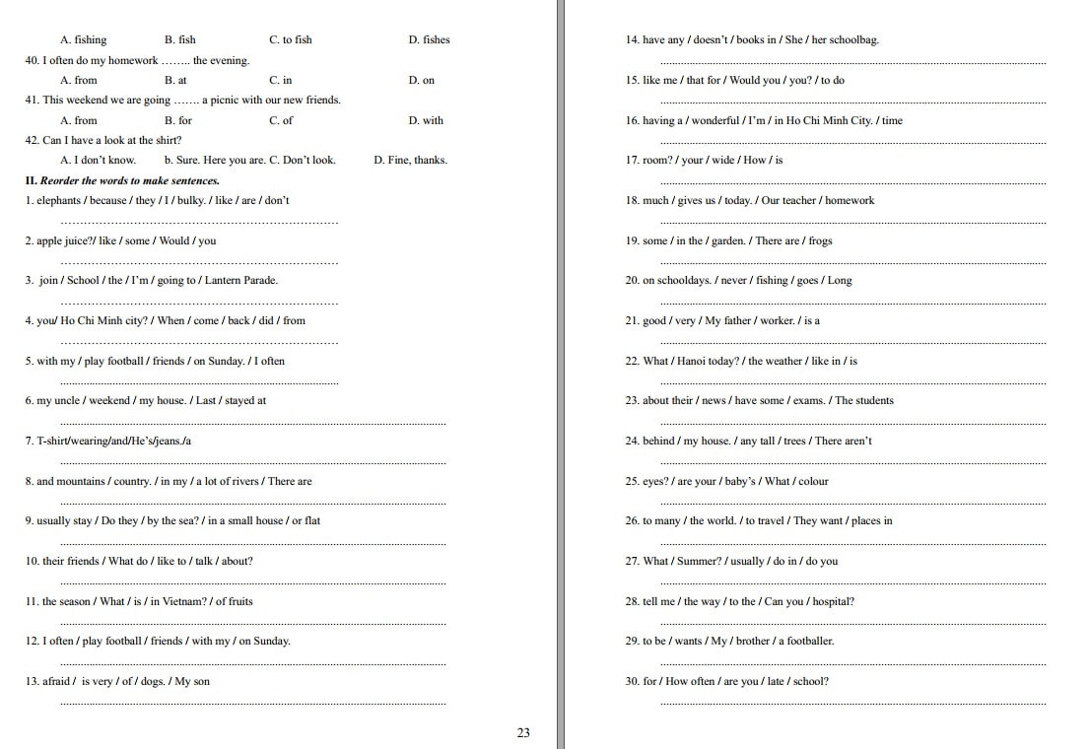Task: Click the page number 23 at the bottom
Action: click(523, 732)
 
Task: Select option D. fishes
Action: click(429, 40)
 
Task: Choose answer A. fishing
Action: click(84, 40)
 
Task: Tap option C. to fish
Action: click(290, 40)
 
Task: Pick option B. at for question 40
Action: click(175, 81)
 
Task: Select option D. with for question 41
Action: click(426, 121)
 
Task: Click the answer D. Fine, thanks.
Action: click(410, 161)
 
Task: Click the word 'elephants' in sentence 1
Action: click(59, 201)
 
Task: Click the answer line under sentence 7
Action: click(252, 462)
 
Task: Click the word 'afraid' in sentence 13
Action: click(56, 682)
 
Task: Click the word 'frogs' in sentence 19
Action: click(820, 241)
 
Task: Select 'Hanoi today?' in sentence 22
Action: click(708, 362)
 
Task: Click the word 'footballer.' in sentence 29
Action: click(808, 642)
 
